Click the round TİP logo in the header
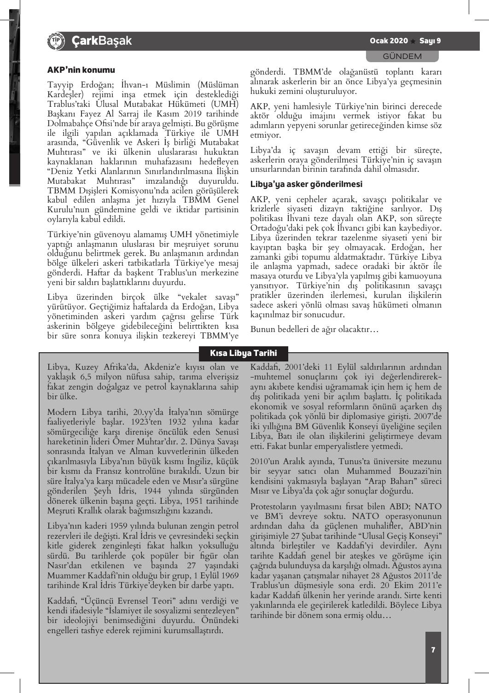coord(54,41)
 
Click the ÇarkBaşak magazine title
coord(102,41)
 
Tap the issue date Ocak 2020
coord(389,41)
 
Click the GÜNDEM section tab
coord(402,56)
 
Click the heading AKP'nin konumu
coord(81,70)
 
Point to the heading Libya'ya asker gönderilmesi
coord(306,184)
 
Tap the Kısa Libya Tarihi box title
coord(244,353)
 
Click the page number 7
coord(433,650)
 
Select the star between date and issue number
coord(413,41)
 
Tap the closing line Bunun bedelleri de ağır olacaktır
coord(314,329)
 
